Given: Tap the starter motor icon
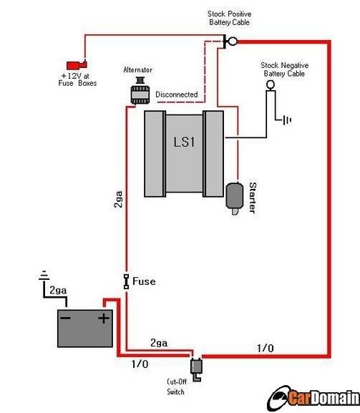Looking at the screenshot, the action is click(234, 198).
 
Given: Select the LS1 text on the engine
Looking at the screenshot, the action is click(184, 142).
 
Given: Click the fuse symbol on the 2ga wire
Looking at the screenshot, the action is click(126, 281).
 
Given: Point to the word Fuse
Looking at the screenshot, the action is click(144, 281).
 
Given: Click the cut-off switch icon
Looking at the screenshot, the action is click(196, 369).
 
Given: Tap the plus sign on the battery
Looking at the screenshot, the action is click(104, 319).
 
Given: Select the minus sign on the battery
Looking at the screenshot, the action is click(65, 319).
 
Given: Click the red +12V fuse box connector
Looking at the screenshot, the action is click(77, 65).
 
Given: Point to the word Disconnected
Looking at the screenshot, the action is click(177, 94).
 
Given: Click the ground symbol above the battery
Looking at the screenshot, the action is click(44, 276).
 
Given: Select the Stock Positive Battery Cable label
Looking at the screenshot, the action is click(229, 18).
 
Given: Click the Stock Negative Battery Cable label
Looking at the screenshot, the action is click(284, 69).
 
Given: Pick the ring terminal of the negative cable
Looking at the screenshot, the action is click(271, 84).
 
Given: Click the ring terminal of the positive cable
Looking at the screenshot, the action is click(233, 41).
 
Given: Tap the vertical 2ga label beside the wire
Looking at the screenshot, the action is click(118, 199).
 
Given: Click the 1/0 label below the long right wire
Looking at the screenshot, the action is click(266, 348).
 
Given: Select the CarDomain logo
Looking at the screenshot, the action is click(313, 398).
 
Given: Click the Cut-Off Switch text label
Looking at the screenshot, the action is click(176, 387).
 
